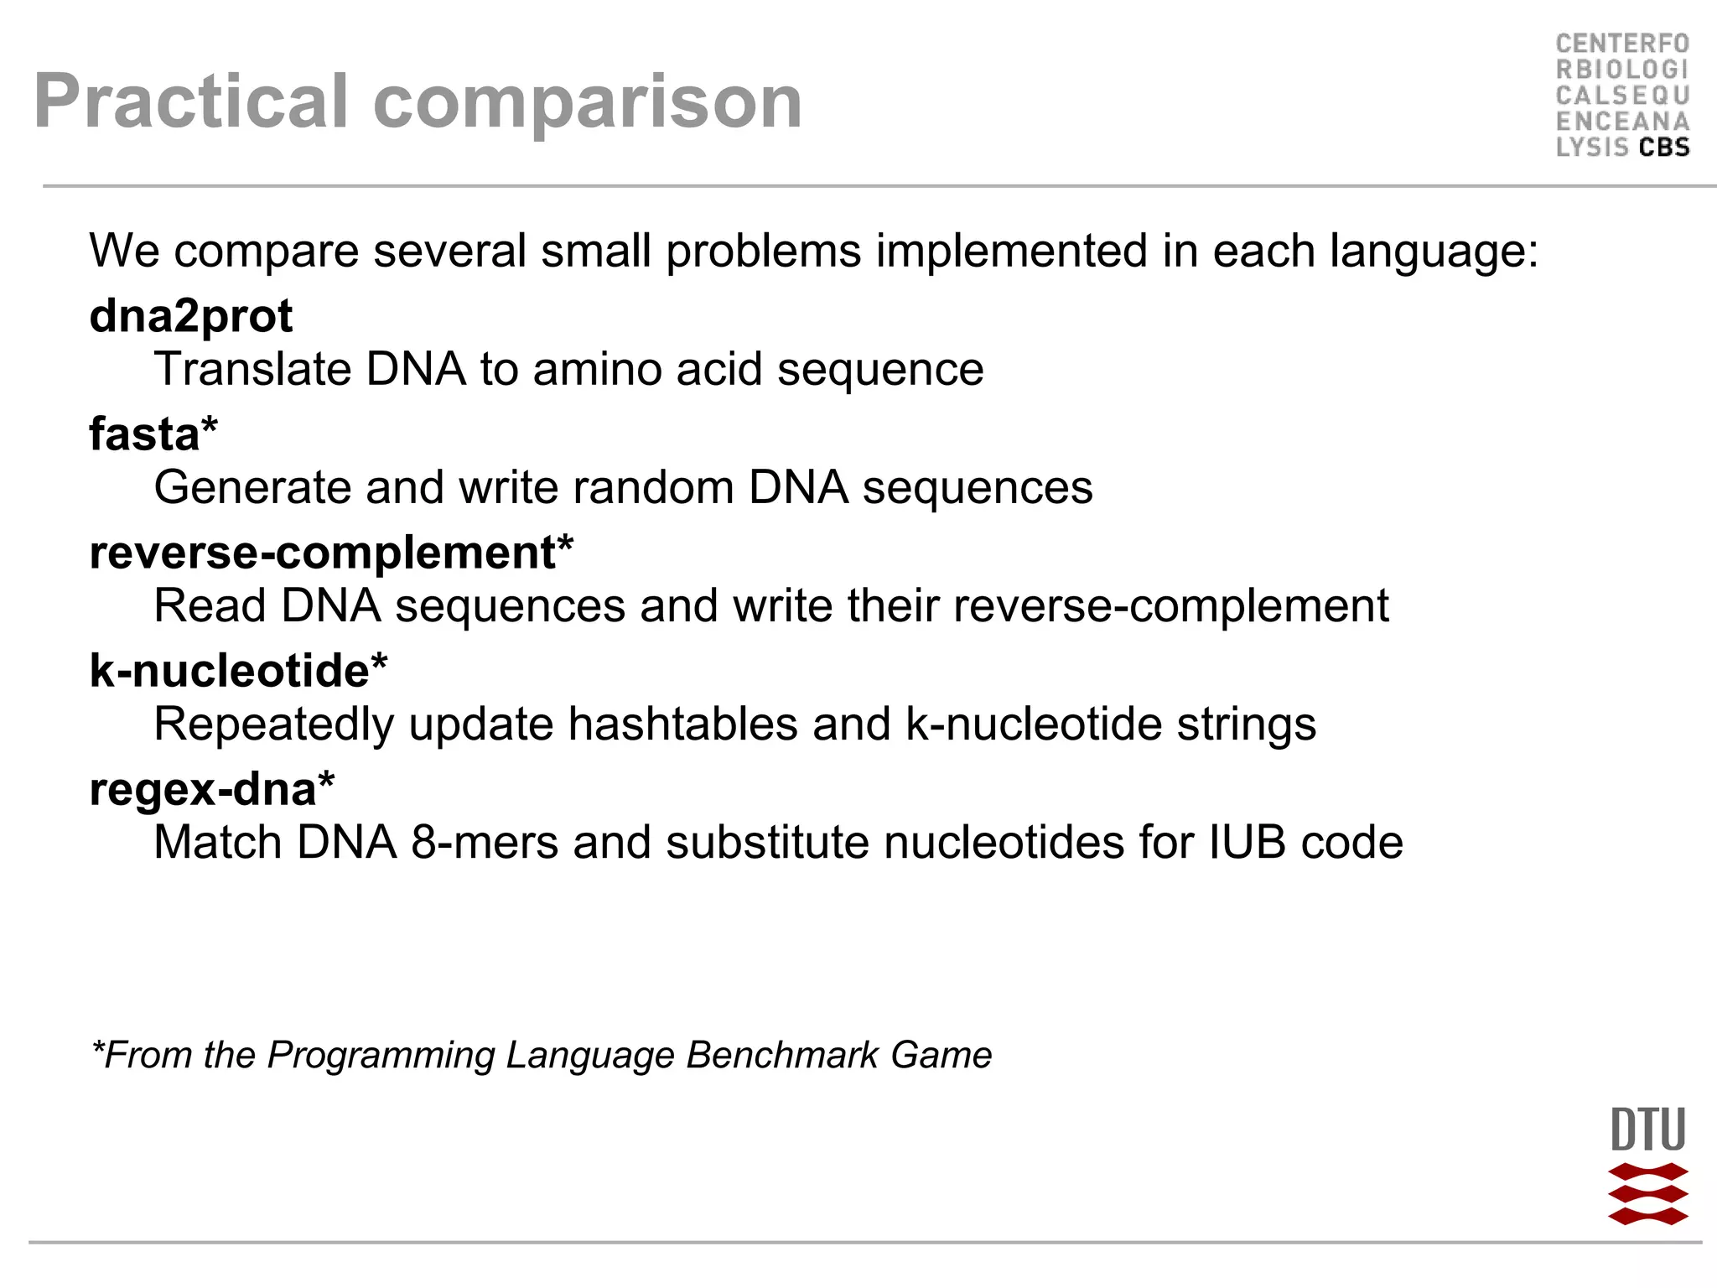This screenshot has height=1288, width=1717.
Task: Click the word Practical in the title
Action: [190, 101]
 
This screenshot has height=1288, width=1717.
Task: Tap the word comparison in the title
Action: [587, 101]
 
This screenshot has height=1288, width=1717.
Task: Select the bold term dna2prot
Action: [191, 316]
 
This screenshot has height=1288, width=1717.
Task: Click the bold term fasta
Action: [144, 434]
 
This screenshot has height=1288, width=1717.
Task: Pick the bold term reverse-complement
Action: [323, 553]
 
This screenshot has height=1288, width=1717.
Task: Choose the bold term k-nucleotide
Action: [230, 671]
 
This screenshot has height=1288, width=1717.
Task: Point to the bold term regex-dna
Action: [203, 789]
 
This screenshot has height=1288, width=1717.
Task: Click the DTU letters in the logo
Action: [1647, 1130]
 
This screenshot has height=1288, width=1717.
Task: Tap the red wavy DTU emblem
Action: [1647, 1193]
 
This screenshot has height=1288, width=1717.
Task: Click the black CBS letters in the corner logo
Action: [1664, 148]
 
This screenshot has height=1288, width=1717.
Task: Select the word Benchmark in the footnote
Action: [781, 1055]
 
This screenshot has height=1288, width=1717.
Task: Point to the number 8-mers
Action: [485, 842]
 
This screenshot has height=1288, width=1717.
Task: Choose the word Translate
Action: [252, 369]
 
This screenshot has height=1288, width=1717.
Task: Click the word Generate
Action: [252, 487]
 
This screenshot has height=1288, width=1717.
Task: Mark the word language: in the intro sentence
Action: [1434, 251]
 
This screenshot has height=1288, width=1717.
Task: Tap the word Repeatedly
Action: [273, 724]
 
